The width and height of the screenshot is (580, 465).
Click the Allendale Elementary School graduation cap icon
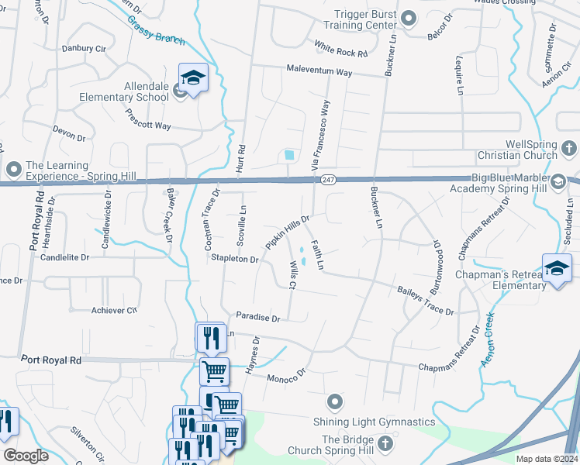(x=193, y=77)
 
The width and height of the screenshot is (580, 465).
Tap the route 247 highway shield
(x=328, y=180)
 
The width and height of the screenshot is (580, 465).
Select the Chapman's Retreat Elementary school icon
(x=557, y=268)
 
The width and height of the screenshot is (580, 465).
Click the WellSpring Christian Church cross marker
(x=568, y=147)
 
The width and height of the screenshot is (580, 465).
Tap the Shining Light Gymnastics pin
(x=334, y=401)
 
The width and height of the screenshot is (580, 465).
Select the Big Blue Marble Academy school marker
(x=558, y=182)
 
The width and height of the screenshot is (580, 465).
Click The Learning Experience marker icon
(x=13, y=168)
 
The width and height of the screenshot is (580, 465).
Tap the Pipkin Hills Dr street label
(x=288, y=232)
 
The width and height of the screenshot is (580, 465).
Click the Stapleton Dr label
(x=234, y=260)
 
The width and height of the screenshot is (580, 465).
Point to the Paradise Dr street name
(x=258, y=318)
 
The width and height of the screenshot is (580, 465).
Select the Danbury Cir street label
(x=83, y=48)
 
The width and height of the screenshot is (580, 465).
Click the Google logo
(x=26, y=456)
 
